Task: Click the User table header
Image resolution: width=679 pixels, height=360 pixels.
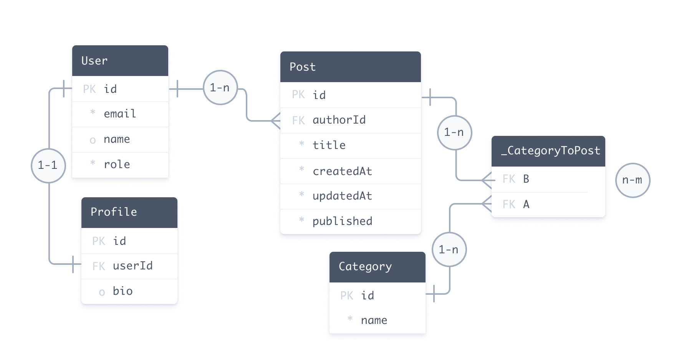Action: (120, 61)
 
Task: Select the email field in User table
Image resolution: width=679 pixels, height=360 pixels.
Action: (120, 114)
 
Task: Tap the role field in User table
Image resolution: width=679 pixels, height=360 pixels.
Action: (117, 165)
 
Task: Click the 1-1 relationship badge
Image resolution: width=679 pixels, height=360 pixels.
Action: (48, 165)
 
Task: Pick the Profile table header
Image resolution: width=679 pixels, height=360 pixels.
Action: (129, 212)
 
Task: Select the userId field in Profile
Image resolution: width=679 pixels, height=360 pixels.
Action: (132, 266)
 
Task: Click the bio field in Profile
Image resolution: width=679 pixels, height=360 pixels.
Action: (123, 291)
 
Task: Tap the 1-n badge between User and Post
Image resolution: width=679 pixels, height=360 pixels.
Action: (220, 88)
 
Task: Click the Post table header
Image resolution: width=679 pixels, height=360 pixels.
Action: (350, 67)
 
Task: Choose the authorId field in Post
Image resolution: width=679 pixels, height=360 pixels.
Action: (339, 120)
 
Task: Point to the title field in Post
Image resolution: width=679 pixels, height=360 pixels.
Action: (329, 145)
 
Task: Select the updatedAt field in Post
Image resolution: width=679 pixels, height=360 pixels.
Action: (342, 196)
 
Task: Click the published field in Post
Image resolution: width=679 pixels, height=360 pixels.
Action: (342, 221)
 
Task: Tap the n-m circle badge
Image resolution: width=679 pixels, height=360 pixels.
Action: (633, 180)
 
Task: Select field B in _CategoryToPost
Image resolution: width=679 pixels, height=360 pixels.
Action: (526, 179)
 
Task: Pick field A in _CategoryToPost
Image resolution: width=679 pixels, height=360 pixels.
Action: (526, 205)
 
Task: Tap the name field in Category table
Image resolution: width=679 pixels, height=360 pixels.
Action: (374, 320)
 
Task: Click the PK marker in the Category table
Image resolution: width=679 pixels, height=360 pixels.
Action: (346, 296)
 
